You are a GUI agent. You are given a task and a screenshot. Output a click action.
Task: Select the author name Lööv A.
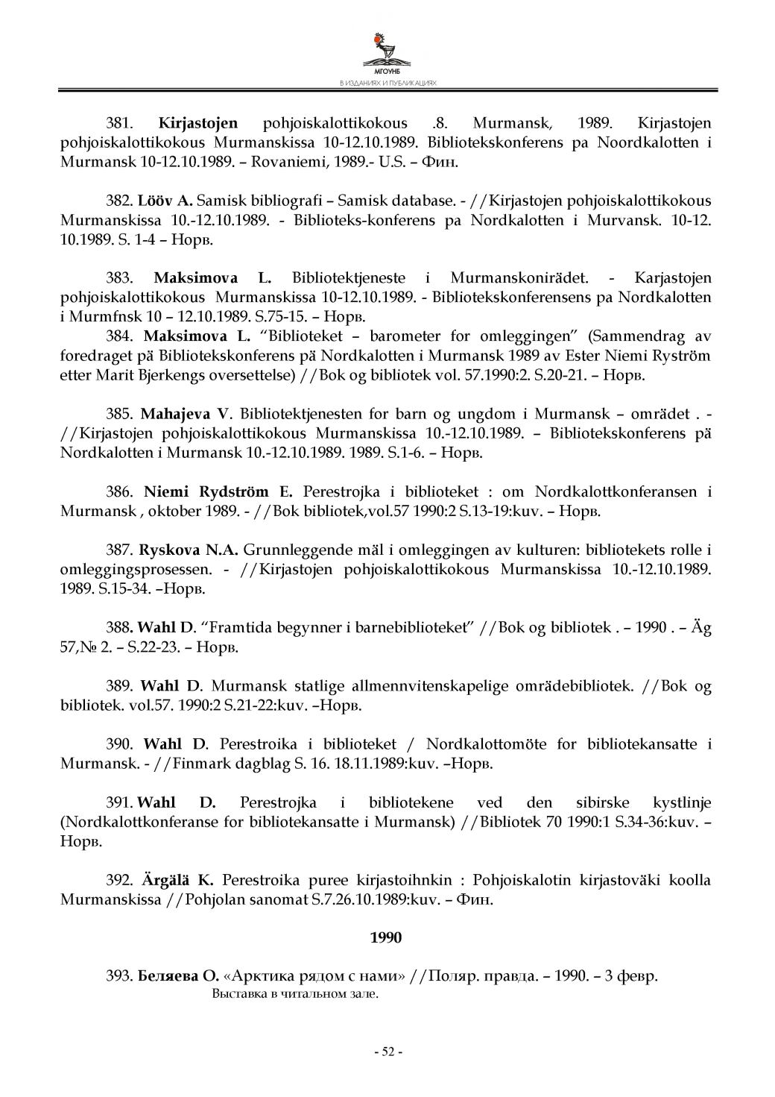tap(165, 201)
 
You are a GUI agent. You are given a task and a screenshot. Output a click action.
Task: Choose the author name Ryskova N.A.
tap(188, 550)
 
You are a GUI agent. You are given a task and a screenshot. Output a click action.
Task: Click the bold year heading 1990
tap(386, 937)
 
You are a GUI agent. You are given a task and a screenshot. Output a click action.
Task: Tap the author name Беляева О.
tap(178, 976)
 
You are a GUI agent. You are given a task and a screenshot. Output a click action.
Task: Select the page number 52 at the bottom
tap(387, 1052)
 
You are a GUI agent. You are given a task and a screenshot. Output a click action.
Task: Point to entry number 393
tap(119, 976)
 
